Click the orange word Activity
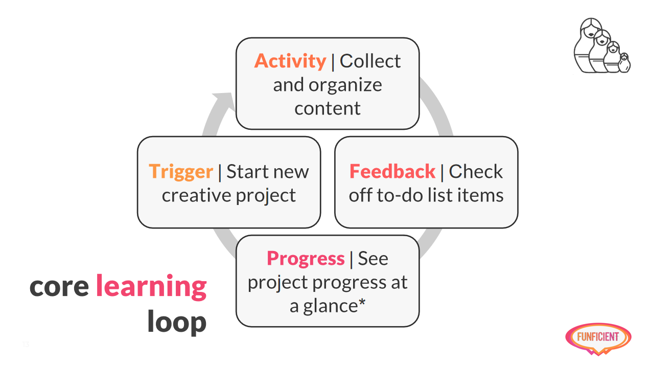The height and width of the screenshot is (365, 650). [x=290, y=61]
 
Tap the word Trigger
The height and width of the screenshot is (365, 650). [x=181, y=172]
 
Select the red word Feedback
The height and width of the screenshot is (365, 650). [x=392, y=171]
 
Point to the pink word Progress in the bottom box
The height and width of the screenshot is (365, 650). [x=306, y=259]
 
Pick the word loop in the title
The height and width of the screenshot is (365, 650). [x=177, y=322]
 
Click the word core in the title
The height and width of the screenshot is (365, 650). [x=59, y=287]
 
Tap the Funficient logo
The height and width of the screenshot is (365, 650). [x=598, y=339]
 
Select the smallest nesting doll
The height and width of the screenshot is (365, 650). [x=624, y=63]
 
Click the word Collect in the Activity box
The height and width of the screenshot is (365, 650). [x=370, y=61]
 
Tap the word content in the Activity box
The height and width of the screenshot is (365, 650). [x=328, y=108]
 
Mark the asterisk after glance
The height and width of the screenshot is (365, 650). [x=362, y=302]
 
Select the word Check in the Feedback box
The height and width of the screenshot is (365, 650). [x=476, y=171]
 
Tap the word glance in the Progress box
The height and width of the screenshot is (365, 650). [x=331, y=306]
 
